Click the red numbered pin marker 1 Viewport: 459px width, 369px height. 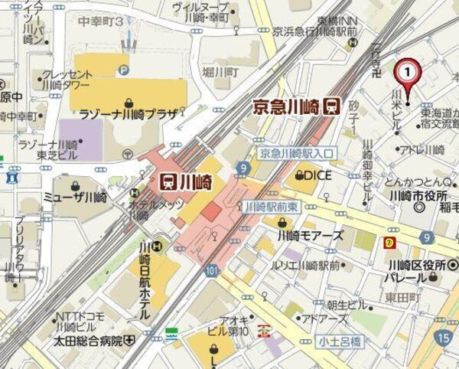408,73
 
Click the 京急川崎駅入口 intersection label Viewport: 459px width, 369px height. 295,153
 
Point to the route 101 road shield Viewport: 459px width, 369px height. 212,270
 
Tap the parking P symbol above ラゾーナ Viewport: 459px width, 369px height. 123,70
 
